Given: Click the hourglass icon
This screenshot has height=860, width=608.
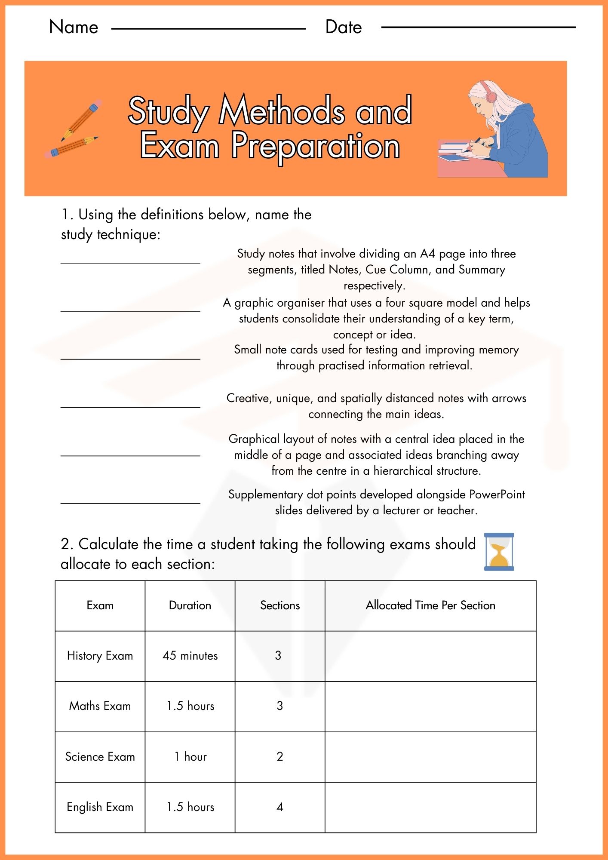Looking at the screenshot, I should point(499,552).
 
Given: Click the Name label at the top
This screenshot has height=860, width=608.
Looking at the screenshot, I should point(74,27).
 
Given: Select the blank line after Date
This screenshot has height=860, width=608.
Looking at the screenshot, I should point(478,28).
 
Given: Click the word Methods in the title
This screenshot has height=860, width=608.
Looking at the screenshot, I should point(282,111).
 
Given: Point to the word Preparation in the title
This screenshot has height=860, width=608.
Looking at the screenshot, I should point(316,146).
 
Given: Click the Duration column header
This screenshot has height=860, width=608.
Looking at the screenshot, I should point(190,605).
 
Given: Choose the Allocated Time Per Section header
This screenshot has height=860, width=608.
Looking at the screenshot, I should point(430,605).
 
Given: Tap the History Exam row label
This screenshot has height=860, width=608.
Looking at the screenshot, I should point(100,656).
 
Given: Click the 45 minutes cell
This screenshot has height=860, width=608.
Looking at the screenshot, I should point(190,656).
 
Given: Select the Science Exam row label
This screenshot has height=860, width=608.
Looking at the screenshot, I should point(100,757).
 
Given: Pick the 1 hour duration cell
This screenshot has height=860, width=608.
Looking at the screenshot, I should point(190,757).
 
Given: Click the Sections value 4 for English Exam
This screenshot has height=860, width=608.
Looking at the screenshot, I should point(280,807).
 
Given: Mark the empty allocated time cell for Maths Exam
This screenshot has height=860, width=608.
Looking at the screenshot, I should point(430,706).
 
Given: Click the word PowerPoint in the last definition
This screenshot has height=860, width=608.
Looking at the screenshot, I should point(497,494).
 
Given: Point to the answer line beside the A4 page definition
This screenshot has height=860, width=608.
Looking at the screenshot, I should point(130,262).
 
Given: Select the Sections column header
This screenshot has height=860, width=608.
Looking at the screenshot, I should point(280,605).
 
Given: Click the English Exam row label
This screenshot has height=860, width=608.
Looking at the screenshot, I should point(100,807).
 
